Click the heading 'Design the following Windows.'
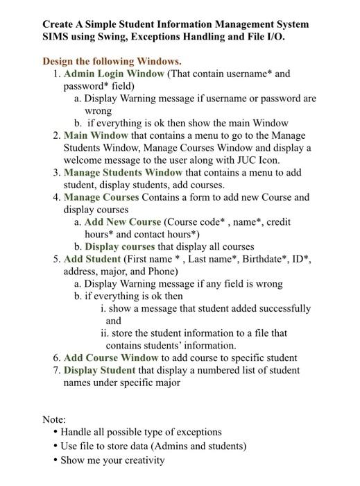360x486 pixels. coord(112,61)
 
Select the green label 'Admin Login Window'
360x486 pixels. coord(114,74)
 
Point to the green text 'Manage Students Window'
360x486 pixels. coord(123,172)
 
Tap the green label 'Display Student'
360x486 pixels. coord(99,370)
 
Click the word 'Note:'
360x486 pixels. coord(54,419)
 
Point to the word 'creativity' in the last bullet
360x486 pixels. coord(142,460)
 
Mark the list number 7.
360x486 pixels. coord(56,370)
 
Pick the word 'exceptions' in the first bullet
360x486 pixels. coord(196,432)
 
